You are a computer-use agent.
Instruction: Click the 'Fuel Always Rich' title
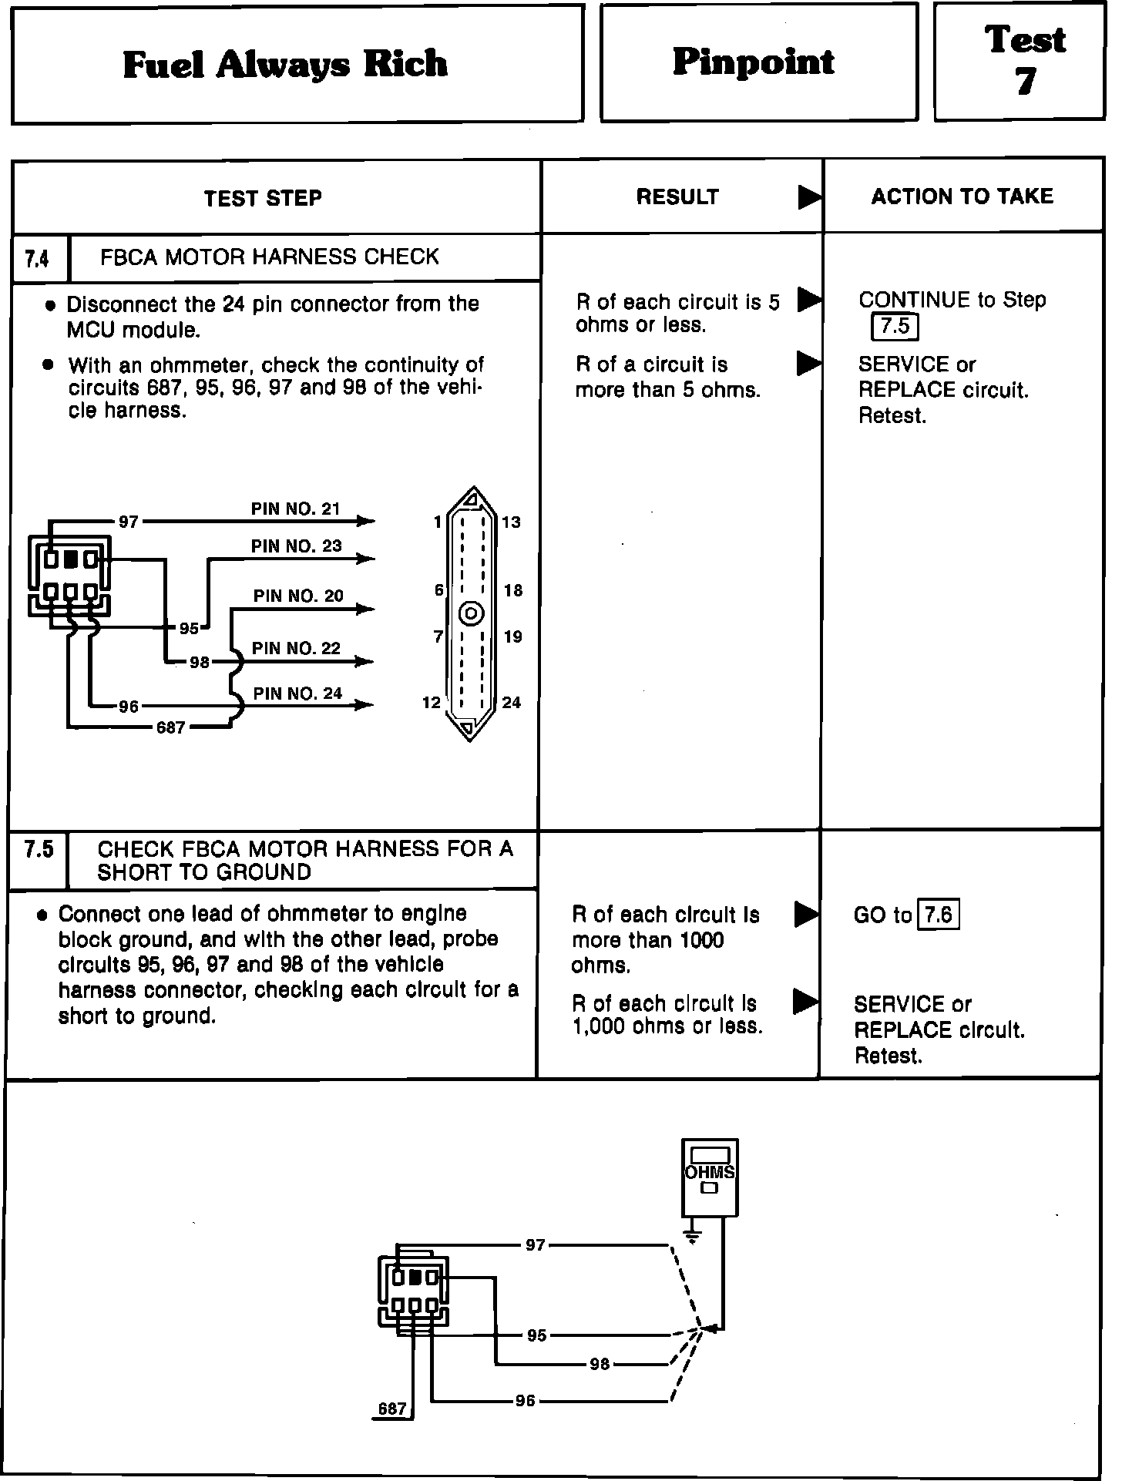pyautogui.click(x=285, y=64)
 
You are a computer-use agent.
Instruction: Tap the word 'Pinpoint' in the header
pyautogui.click(x=754, y=62)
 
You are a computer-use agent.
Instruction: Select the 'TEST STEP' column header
pyautogui.click(x=263, y=198)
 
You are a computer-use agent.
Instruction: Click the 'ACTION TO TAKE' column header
pyautogui.click(x=962, y=196)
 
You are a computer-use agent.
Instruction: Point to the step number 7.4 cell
pyautogui.click(x=37, y=258)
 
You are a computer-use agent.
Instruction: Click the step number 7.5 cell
pyautogui.click(x=38, y=850)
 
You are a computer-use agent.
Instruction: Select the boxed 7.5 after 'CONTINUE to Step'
pyautogui.click(x=895, y=327)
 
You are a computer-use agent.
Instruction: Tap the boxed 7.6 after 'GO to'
pyautogui.click(x=939, y=915)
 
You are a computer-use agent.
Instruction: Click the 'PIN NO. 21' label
pyautogui.click(x=295, y=509)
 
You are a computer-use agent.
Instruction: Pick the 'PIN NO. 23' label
pyautogui.click(x=296, y=546)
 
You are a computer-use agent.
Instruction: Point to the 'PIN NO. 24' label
pyautogui.click(x=297, y=693)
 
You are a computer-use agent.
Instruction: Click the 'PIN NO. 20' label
pyautogui.click(x=298, y=596)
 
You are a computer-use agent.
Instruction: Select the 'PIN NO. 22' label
pyautogui.click(x=296, y=649)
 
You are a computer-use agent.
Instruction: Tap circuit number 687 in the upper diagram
pyautogui.click(x=171, y=727)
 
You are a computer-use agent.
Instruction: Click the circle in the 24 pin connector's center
pyautogui.click(x=471, y=614)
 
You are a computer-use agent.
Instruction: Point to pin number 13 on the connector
pyautogui.click(x=511, y=522)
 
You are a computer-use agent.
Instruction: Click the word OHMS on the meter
pyautogui.click(x=710, y=1173)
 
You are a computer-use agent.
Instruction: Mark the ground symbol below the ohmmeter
pyautogui.click(x=692, y=1238)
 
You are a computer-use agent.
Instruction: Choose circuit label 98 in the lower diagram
pyautogui.click(x=600, y=1365)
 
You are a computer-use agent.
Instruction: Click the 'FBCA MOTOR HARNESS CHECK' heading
pyautogui.click(x=269, y=257)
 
